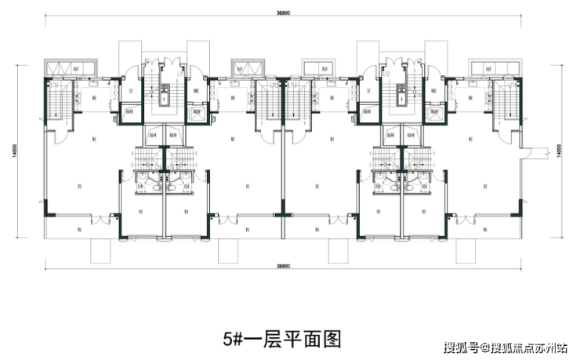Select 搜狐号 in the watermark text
tap(462, 346)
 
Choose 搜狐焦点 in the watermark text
tap(513, 346)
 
